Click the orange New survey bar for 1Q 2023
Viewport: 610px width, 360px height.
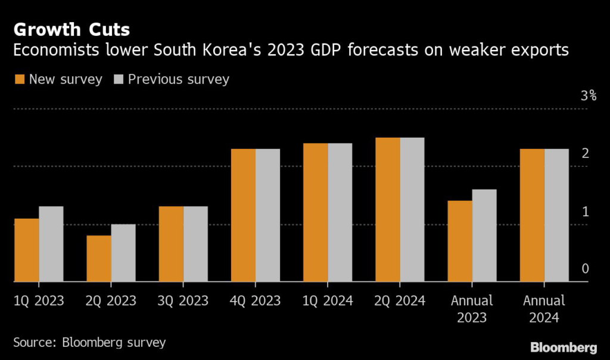27,250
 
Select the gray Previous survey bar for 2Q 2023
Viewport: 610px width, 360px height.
123,253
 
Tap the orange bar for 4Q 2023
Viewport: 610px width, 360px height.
243,215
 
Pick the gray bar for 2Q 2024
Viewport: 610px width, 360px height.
412,210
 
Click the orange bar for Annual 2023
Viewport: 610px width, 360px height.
460,241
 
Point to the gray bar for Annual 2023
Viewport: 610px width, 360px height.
484,235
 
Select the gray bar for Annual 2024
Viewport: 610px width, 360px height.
556,215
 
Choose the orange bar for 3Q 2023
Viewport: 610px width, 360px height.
171,244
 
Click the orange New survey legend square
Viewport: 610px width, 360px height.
19,79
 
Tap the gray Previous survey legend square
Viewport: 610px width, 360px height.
118,79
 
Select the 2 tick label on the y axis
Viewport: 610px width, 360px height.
585,154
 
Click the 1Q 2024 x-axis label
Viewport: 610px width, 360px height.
328,300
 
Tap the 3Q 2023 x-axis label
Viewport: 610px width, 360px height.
183,300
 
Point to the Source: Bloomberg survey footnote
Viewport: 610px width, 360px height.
89,342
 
